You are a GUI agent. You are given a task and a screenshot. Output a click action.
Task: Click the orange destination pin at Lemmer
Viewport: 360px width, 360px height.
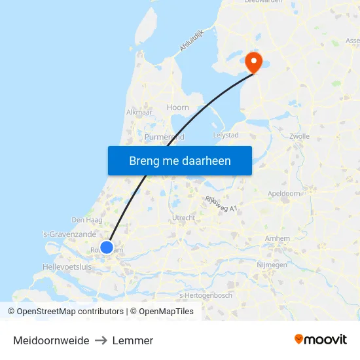[x=253, y=62]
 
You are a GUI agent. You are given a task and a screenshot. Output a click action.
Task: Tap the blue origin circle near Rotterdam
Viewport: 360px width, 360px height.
[x=106, y=247]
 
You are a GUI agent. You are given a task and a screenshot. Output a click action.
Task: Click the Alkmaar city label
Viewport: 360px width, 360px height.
[x=139, y=112]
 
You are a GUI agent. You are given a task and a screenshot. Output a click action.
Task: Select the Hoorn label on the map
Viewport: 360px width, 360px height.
[x=177, y=107]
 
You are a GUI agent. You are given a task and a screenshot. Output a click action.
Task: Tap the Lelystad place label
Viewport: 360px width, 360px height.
[x=226, y=135]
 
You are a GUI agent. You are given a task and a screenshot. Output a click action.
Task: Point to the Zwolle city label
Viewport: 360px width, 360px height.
[x=299, y=137]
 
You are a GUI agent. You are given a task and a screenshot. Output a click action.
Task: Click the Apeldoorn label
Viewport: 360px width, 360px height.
[x=284, y=194]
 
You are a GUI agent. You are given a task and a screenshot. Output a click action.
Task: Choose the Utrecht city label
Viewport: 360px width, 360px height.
[x=183, y=217]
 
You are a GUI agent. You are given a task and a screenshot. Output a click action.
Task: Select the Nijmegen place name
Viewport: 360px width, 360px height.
[x=272, y=265]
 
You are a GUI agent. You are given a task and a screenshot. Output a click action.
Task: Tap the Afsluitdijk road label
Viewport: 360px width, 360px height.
[x=191, y=39]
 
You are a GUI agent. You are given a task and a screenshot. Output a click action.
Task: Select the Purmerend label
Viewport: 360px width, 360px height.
[x=164, y=137]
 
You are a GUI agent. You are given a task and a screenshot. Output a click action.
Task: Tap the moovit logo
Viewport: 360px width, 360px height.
[x=320, y=339]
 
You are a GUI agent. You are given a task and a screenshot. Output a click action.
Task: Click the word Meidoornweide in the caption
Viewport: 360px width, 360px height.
[x=51, y=340]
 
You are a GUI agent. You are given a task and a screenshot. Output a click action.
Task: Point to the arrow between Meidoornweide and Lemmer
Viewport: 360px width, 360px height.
[x=101, y=340]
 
